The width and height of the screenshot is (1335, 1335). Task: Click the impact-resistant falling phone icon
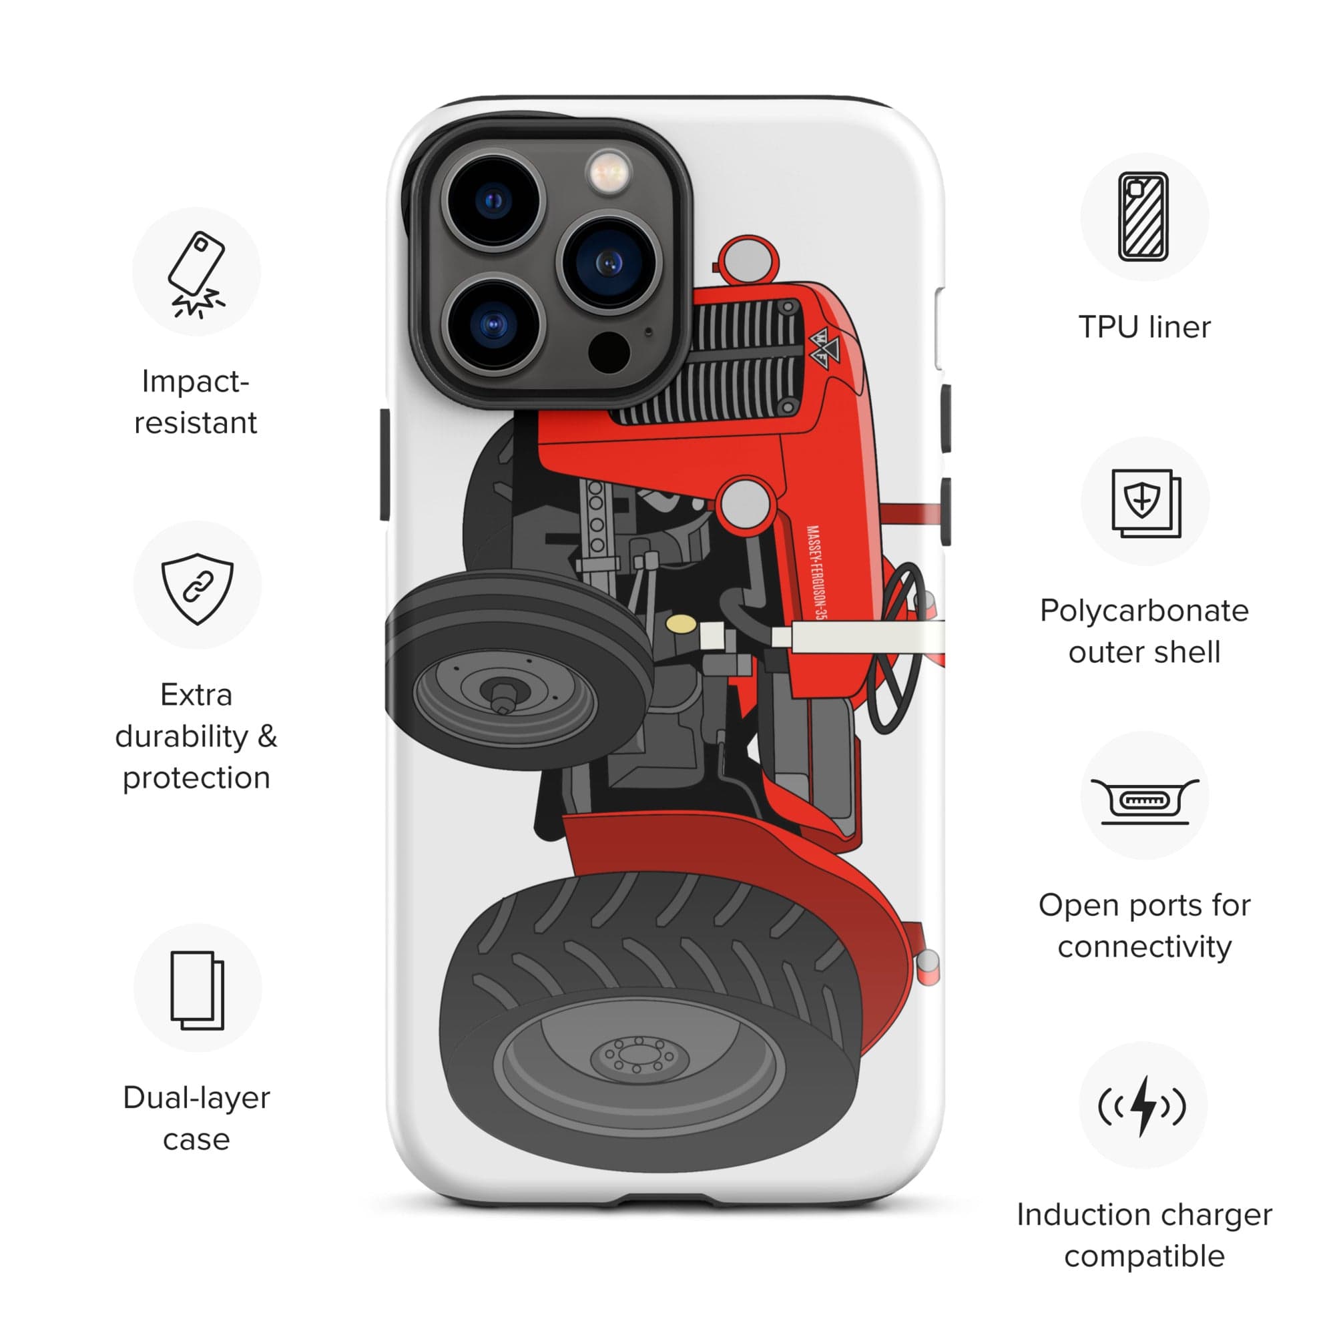click(196, 274)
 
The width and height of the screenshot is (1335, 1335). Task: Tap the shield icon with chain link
click(197, 588)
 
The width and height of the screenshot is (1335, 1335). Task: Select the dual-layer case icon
click(197, 990)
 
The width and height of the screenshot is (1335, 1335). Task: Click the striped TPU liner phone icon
click(1143, 216)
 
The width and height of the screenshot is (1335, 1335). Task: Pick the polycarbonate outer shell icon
click(1145, 503)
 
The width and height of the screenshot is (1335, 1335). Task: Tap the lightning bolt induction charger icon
click(1143, 1105)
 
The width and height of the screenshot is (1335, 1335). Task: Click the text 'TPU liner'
click(1144, 327)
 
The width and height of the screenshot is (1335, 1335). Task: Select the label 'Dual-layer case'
click(196, 1118)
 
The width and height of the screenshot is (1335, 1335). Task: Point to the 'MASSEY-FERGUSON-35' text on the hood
click(816, 573)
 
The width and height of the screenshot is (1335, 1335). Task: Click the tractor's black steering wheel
click(896, 649)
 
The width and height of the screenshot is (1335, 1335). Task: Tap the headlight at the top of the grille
click(748, 260)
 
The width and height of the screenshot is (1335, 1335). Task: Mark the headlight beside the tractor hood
click(746, 503)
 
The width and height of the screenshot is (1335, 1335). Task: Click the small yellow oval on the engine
click(681, 624)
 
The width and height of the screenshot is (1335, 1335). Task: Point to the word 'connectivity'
click(1144, 947)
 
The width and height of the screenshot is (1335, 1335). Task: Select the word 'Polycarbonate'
click(1144, 611)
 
